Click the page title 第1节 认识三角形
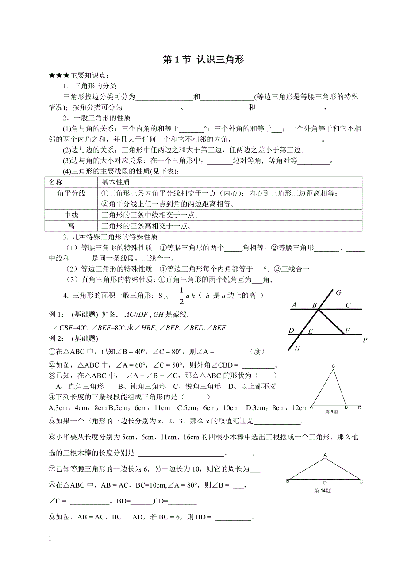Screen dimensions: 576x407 pyautogui.click(x=203, y=60)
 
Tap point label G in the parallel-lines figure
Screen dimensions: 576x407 pyautogui.click(x=338, y=293)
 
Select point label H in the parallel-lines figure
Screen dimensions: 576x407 pyautogui.click(x=298, y=348)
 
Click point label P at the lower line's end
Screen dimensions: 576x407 pyautogui.click(x=365, y=340)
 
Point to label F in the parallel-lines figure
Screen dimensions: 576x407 pyautogui.click(x=347, y=330)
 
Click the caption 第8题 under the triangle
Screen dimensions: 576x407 pyautogui.click(x=331, y=411)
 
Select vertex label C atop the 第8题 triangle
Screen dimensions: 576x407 pyautogui.click(x=333, y=366)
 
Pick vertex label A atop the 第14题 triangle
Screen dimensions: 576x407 pyautogui.click(x=325, y=455)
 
